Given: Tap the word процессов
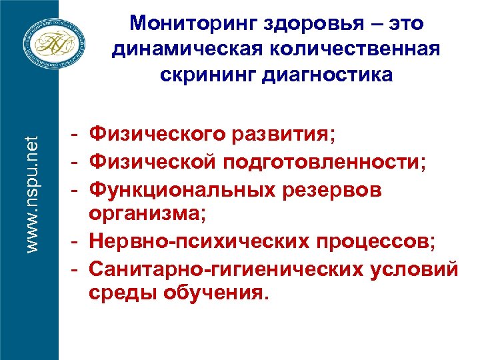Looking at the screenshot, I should (381, 242).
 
